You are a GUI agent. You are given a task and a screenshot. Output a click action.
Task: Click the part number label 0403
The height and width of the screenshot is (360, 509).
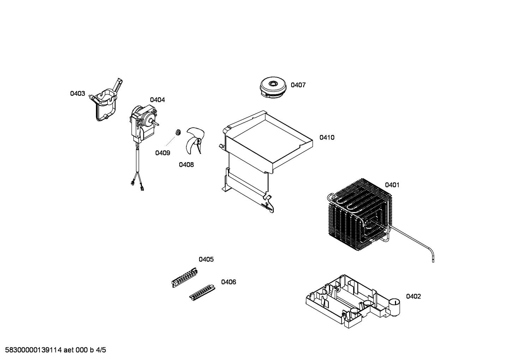(x=78, y=94)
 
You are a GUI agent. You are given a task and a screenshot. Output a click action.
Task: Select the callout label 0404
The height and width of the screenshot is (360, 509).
(x=157, y=100)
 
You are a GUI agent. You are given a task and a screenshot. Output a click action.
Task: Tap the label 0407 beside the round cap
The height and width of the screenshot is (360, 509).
(x=298, y=85)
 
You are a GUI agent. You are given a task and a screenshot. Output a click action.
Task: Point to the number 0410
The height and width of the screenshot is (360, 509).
(x=327, y=137)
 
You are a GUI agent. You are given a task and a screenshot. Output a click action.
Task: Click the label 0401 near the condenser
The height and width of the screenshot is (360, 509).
(x=392, y=185)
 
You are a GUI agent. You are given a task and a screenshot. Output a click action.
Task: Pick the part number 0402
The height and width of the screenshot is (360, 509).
(x=413, y=296)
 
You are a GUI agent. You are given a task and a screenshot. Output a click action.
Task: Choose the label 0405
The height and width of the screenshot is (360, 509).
(x=206, y=259)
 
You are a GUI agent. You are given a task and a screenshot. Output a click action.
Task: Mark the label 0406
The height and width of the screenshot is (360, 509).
(x=229, y=282)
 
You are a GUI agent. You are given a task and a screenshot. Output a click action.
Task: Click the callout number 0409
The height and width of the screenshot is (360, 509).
(x=162, y=153)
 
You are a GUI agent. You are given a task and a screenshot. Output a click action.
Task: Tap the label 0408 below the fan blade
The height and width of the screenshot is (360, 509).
(x=186, y=165)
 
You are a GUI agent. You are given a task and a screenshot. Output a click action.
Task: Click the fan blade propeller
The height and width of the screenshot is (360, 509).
(x=195, y=140)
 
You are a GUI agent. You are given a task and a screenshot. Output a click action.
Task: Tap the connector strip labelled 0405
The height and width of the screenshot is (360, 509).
(x=185, y=278)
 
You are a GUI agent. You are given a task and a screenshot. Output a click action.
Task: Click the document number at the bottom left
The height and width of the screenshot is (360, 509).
(x=55, y=350)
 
